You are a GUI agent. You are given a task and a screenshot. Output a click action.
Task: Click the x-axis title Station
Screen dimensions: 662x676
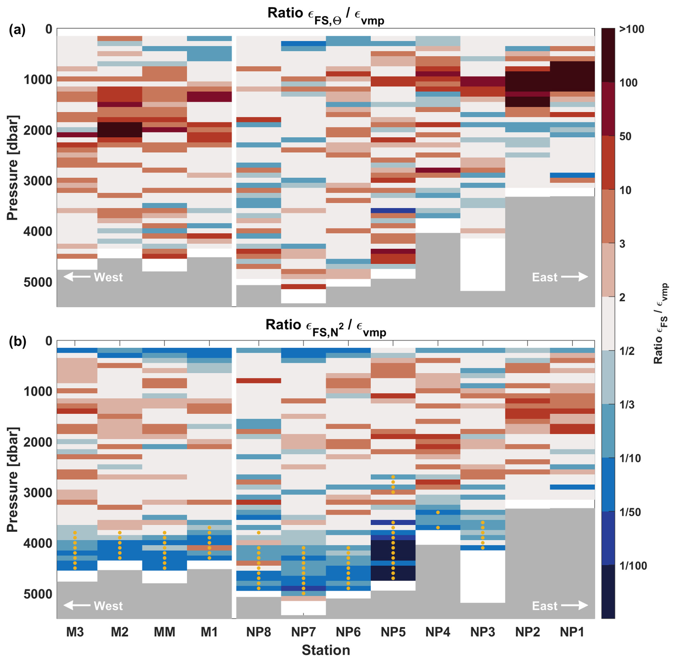point(325,650)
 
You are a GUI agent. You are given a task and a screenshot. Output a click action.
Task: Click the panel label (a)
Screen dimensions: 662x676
point(17,30)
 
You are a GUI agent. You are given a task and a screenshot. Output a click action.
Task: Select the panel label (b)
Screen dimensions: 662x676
point(17,342)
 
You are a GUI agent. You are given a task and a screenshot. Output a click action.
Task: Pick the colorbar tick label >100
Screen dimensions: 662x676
point(631,29)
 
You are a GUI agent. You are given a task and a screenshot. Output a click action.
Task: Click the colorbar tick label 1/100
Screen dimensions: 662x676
point(633,566)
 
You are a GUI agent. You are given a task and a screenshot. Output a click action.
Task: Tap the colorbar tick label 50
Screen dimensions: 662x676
point(625,136)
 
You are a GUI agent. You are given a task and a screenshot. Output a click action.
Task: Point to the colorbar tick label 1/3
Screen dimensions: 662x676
point(627,405)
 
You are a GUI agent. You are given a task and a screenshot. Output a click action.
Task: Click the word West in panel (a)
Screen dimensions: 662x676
point(108,277)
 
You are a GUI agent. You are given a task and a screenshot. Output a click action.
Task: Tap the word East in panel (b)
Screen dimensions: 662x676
point(545,606)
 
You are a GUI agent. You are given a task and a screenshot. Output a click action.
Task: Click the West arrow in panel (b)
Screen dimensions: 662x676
point(77,605)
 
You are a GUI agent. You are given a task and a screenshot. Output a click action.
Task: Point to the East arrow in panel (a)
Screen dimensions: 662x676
point(575,277)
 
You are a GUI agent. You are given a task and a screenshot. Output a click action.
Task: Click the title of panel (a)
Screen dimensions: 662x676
point(325,14)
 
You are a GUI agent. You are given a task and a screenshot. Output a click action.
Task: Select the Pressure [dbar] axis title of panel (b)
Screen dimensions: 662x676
point(13,479)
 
